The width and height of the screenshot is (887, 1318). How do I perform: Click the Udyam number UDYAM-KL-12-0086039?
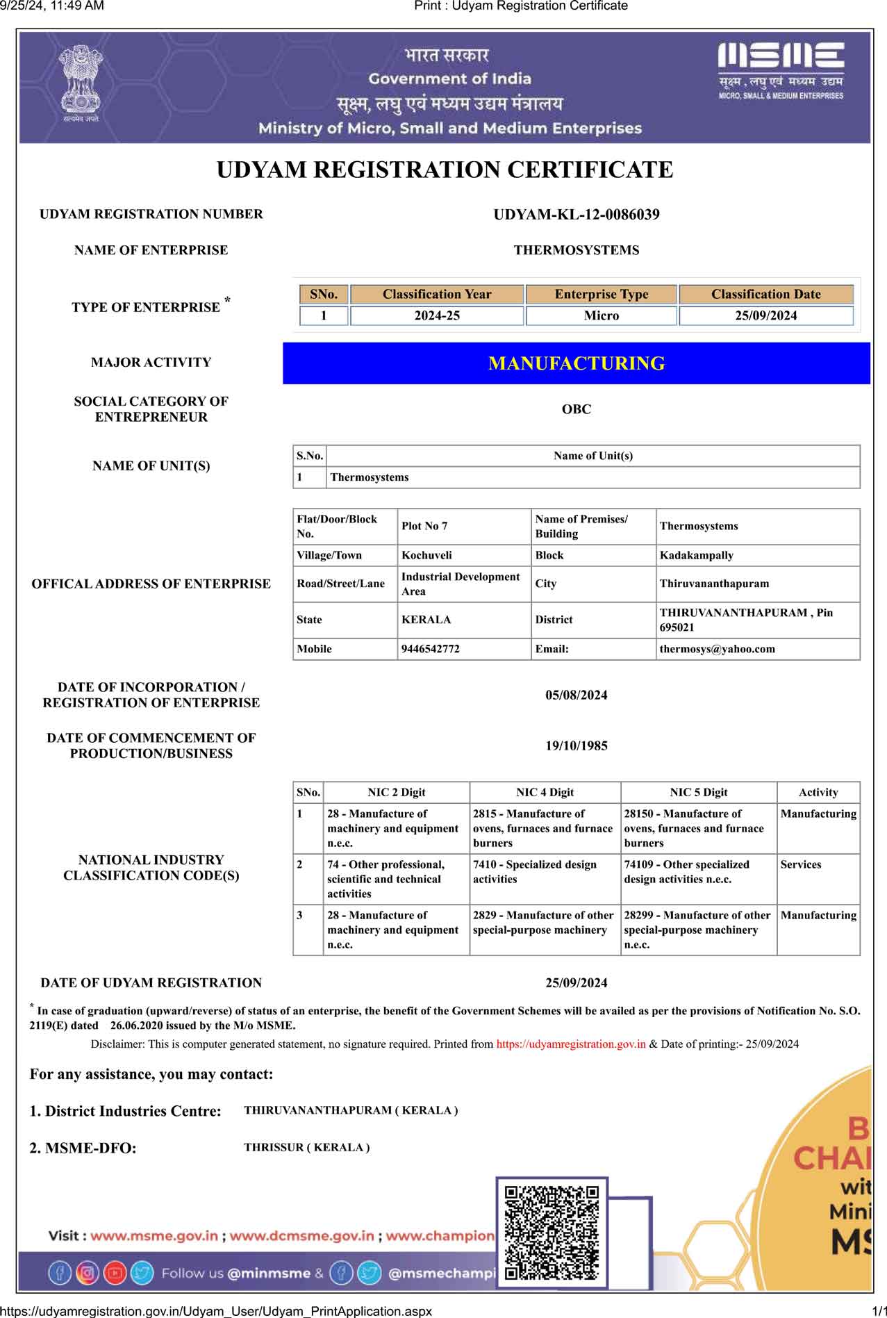click(577, 215)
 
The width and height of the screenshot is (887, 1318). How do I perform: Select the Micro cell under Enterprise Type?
click(601, 315)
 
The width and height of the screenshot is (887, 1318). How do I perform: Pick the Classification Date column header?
click(765, 294)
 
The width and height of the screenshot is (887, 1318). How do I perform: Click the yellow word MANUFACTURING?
click(577, 363)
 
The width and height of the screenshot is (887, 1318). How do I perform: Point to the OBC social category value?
click(577, 409)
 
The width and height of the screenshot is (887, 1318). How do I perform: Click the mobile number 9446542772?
click(431, 649)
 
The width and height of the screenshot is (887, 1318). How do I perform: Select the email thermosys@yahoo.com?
click(718, 649)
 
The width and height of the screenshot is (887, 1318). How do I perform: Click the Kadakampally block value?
click(697, 555)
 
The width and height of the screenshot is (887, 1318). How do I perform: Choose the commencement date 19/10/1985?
click(577, 746)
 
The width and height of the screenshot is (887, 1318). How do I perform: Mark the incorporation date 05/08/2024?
click(577, 695)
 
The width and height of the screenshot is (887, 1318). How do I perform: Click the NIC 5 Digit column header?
click(698, 792)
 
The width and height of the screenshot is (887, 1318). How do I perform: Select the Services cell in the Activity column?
click(801, 864)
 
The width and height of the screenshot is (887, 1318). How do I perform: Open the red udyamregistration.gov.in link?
click(571, 1044)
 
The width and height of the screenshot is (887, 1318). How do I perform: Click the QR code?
click(552, 1233)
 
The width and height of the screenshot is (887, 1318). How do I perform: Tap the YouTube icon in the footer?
click(115, 1273)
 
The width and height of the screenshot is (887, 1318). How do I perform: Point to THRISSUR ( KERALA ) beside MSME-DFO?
click(306, 1148)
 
